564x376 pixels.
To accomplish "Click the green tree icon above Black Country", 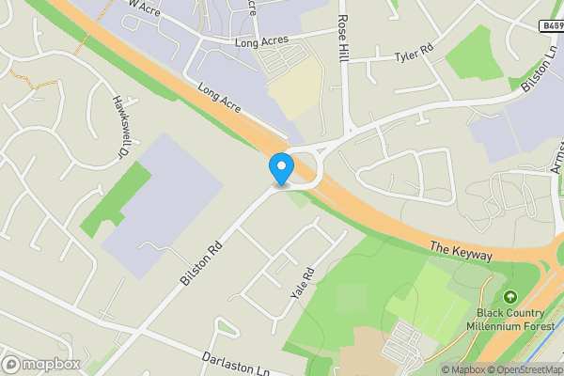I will [x=510, y=296].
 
